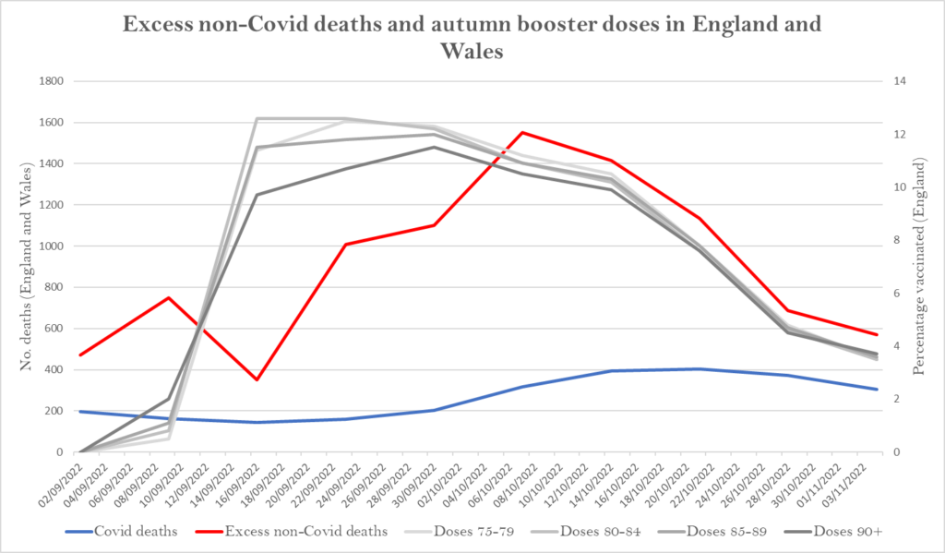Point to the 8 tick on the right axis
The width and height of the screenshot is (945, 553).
tap(895, 241)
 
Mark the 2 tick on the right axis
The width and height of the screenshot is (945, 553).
tap(895, 400)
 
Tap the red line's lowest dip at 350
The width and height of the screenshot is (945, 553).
tap(257, 379)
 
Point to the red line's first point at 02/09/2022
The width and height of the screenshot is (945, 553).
tap(80, 355)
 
